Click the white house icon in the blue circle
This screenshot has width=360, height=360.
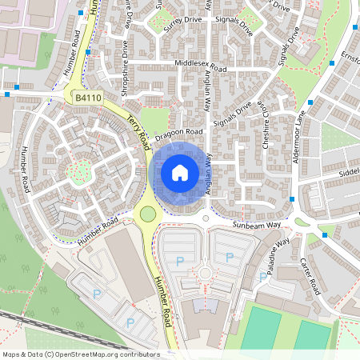pyautogui.click(x=180, y=173)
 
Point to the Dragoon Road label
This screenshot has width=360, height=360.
pyautogui.click(x=181, y=131)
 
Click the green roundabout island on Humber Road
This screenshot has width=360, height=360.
pyautogui.click(x=146, y=214)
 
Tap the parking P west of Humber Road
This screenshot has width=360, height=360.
pyautogui.click(x=98, y=294)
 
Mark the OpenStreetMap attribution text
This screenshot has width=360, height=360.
pyautogui.click(x=80, y=354)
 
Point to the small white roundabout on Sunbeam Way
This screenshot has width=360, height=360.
pyautogui.click(x=206, y=217)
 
